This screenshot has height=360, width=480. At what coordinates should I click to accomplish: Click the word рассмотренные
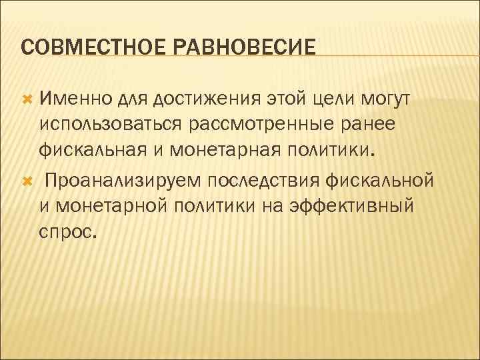click(262, 125)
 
